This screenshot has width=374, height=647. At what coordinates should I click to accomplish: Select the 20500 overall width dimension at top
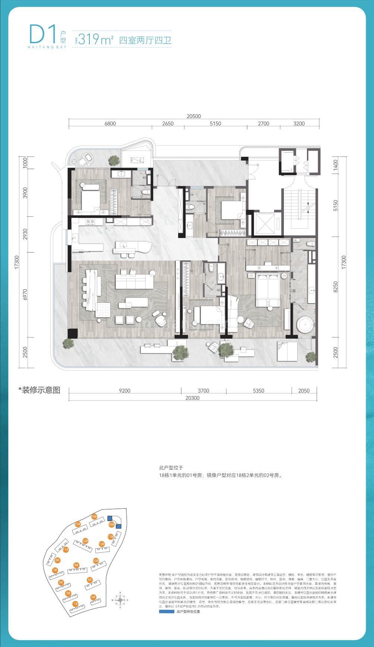tap(194, 116)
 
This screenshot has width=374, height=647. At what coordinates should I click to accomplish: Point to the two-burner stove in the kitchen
tap(90, 222)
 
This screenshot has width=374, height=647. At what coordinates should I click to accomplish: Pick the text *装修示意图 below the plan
tap(39, 390)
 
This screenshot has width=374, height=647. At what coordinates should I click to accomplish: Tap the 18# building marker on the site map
tap(111, 524)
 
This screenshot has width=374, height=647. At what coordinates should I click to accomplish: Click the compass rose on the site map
tap(121, 600)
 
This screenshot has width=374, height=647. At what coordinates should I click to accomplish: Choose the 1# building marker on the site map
tap(75, 603)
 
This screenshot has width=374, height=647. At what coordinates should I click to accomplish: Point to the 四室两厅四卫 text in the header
tap(145, 40)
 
